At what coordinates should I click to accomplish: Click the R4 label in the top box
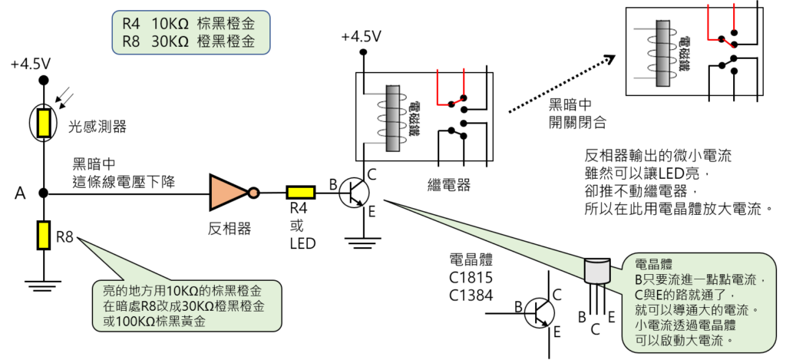coord(130,24)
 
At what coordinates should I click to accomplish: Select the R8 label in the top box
coord(130,42)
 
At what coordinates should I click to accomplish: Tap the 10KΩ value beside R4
coord(170,24)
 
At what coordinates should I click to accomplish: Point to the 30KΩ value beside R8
coord(170,42)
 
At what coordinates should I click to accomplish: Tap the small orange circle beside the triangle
coord(253,193)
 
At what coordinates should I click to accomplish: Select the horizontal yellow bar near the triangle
coord(301,193)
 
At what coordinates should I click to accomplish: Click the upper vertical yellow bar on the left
coord(44,123)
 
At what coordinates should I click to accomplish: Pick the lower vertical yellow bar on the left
coord(44,235)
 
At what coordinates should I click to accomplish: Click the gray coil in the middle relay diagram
coord(395,117)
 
